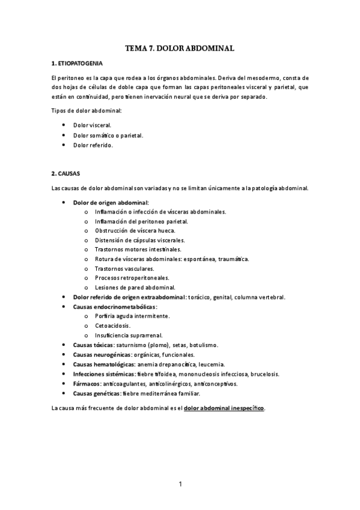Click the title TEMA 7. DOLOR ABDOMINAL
pos(180,47)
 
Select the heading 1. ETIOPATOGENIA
pos(78,63)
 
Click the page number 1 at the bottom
pos(180,484)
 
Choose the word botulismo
pos(204,345)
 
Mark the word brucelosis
pos(264,373)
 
